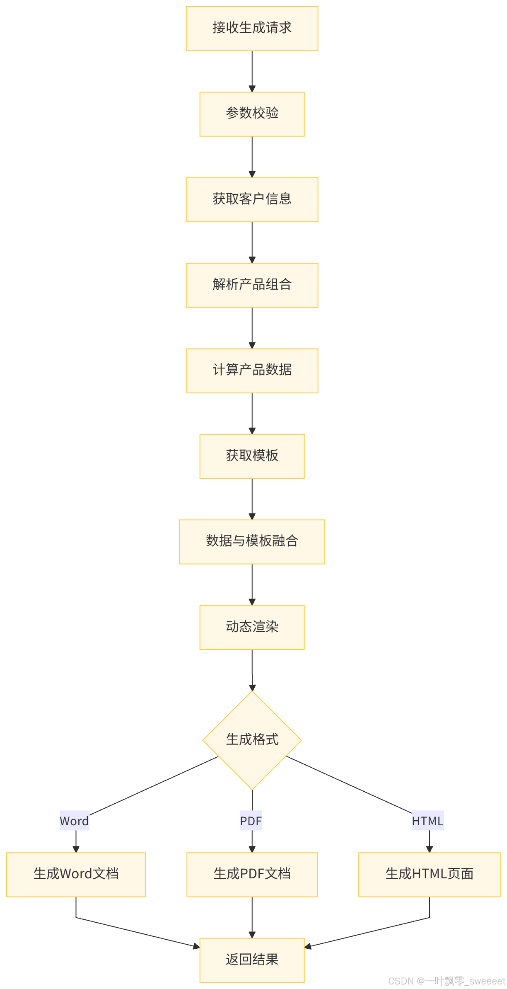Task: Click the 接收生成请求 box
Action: pos(252,29)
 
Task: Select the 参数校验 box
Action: pos(252,114)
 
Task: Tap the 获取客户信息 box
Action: pos(252,200)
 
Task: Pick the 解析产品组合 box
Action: pos(252,285)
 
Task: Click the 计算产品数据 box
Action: pos(252,371)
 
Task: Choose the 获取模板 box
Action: pos(252,456)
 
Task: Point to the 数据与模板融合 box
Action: pos(252,542)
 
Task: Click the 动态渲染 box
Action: pos(252,627)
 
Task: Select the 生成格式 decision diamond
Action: pos(252,740)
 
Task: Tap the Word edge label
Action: pos(75,821)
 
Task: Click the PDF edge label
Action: pos(251,821)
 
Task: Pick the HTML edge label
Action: pos(428,821)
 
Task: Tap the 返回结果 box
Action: pos(252,960)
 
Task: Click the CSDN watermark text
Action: pos(446,980)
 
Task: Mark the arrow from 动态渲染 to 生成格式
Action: pos(252,670)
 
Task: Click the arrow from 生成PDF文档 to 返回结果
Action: pos(252,917)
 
